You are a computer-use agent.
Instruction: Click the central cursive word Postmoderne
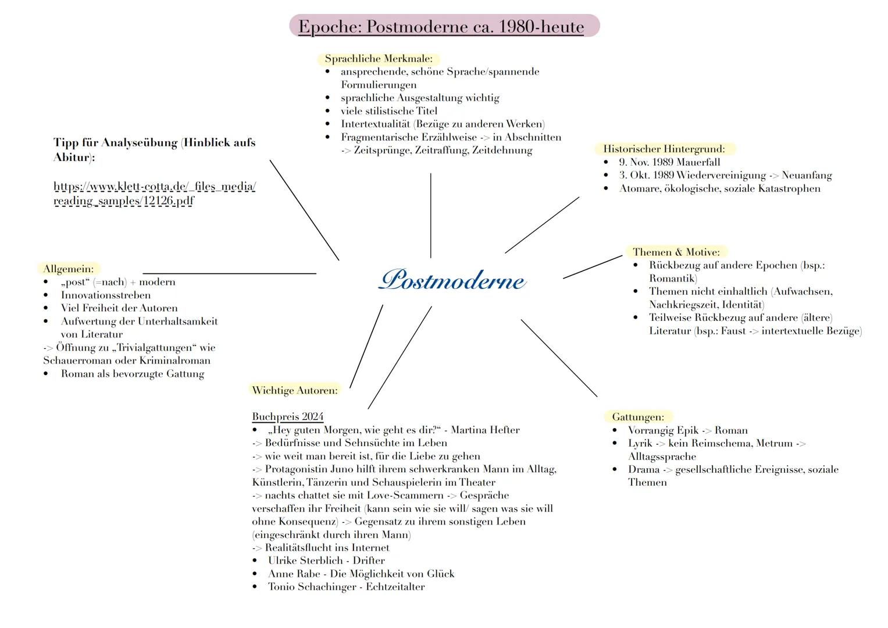tap(452, 280)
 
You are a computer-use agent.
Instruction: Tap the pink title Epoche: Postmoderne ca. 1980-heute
tap(441, 27)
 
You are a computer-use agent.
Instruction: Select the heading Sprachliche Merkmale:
tap(379, 59)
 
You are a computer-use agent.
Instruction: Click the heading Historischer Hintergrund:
tap(664, 149)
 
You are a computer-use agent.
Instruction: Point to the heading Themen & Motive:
tap(676, 252)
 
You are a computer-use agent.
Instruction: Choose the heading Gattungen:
tap(637, 417)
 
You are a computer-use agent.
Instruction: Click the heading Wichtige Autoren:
tap(294, 390)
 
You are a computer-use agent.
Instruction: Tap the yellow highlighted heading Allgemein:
tap(68, 269)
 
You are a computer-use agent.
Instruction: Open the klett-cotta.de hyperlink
tap(154, 194)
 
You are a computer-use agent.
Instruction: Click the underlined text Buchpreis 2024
tap(287, 417)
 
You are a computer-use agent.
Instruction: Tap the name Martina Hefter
tap(485, 430)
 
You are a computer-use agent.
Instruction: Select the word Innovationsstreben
tap(106, 295)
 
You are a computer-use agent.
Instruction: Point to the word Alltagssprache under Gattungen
tap(662, 456)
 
